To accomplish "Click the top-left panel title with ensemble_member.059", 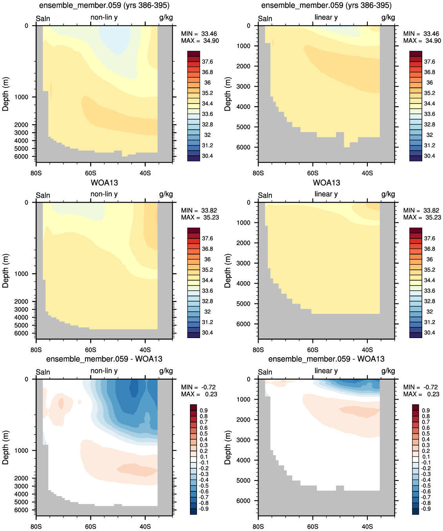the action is pos(104,5).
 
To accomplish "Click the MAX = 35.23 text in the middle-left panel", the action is pos(200,217).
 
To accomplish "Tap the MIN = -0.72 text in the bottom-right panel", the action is pos(420,387).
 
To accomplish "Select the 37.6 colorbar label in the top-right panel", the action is pos(429,62).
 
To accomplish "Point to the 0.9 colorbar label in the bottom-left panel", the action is pos(203,410).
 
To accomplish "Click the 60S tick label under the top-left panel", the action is pos(90,173).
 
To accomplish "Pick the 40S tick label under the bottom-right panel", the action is pos(367,526).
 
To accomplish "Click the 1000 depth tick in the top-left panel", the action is pos(21,97).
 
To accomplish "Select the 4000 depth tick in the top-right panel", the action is pos(243,107).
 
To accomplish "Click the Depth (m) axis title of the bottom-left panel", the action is pos(5,447).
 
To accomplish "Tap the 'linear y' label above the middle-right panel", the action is pos(326,194).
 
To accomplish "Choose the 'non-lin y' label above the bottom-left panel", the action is pos(104,371).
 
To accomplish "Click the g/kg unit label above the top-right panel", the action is pos(388,17).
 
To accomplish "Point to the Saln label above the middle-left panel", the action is pos(43,195).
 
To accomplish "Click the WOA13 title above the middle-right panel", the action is pos(326,183).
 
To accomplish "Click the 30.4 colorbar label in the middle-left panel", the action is pos(207,333).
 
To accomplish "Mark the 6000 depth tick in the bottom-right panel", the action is pos(243,500).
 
